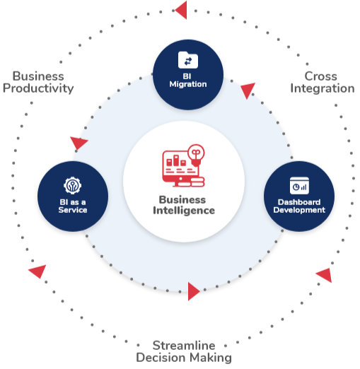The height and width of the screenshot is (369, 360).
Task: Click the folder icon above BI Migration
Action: click(x=188, y=60)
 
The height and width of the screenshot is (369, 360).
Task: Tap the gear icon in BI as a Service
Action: click(x=72, y=185)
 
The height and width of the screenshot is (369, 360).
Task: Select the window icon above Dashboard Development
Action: click(x=299, y=185)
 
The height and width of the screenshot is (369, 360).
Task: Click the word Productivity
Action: click(x=38, y=88)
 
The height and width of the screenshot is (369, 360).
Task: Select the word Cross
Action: click(x=320, y=76)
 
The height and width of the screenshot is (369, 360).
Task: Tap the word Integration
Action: click(x=323, y=88)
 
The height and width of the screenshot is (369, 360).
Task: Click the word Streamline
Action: click(x=184, y=346)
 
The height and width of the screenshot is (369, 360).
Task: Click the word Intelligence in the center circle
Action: click(x=184, y=211)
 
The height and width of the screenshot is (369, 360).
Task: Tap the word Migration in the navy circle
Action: click(x=188, y=84)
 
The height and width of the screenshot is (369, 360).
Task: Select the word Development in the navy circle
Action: click(x=299, y=210)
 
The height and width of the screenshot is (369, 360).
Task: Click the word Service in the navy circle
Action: click(x=73, y=210)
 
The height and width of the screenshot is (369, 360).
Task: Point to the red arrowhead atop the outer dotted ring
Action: click(x=181, y=10)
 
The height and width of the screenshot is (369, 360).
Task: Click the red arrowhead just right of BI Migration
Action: click(x=248, y=90)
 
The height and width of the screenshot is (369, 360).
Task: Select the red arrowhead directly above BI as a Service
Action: click(x=79, y=143)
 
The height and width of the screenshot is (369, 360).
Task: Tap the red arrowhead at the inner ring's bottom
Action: click(x=194, y=291)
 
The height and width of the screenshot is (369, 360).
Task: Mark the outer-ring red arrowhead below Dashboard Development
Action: click(x=325, y=275)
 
